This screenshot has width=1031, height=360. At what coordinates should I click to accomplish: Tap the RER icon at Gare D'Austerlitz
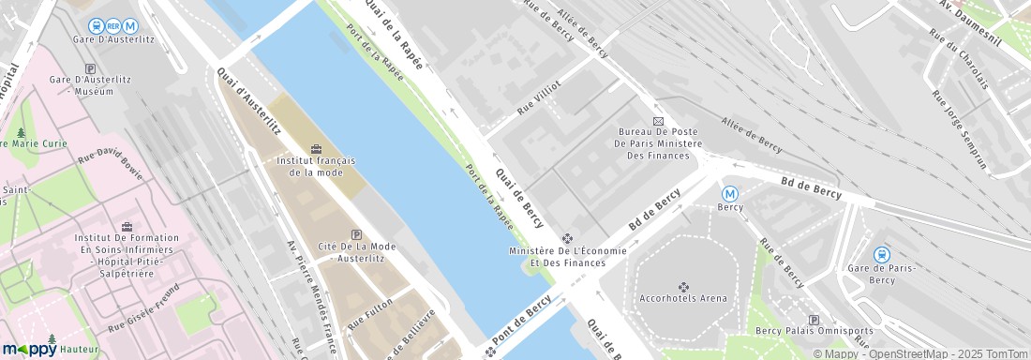[x=113, y=25]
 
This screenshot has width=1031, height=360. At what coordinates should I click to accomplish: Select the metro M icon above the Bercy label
[x=730, y=193]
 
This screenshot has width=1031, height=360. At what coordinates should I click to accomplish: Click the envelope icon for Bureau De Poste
[x=658, y=121]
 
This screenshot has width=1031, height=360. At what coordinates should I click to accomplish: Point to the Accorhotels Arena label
[x=683, y=298]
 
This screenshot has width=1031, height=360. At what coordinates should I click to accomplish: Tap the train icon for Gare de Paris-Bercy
[x=881, y=254]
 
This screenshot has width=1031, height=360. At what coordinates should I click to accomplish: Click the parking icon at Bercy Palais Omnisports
[x=814, y=320]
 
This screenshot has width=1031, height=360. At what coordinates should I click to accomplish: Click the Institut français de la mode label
[x=315, y=166]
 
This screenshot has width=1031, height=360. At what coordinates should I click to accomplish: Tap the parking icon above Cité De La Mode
[x=355, y=234]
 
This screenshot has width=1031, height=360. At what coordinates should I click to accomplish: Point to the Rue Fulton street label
[x=369, y=311]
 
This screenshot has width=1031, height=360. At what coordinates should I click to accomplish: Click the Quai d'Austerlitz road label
[x=248, y=100]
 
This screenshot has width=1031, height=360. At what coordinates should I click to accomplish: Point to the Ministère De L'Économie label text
[x=566, y=251]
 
